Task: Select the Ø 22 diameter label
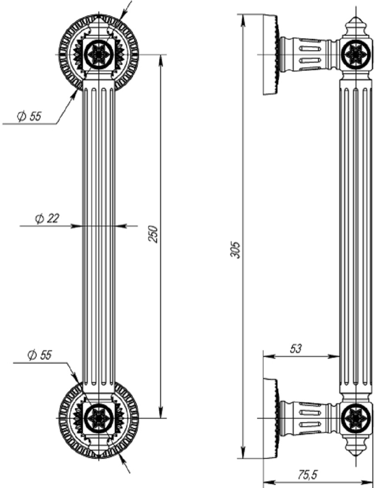pyautogui.click(x=47, y=218)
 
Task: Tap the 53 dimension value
pyautogui.click(x=296, y=349)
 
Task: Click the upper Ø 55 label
pyautogui.click(x=29, y=116)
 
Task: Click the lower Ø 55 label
pyautogui.click(x=39, y=355)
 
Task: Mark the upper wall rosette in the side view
pyautogui.click(x=271, y=55)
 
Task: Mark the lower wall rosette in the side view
pyautogui.click(x=271, y=417)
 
